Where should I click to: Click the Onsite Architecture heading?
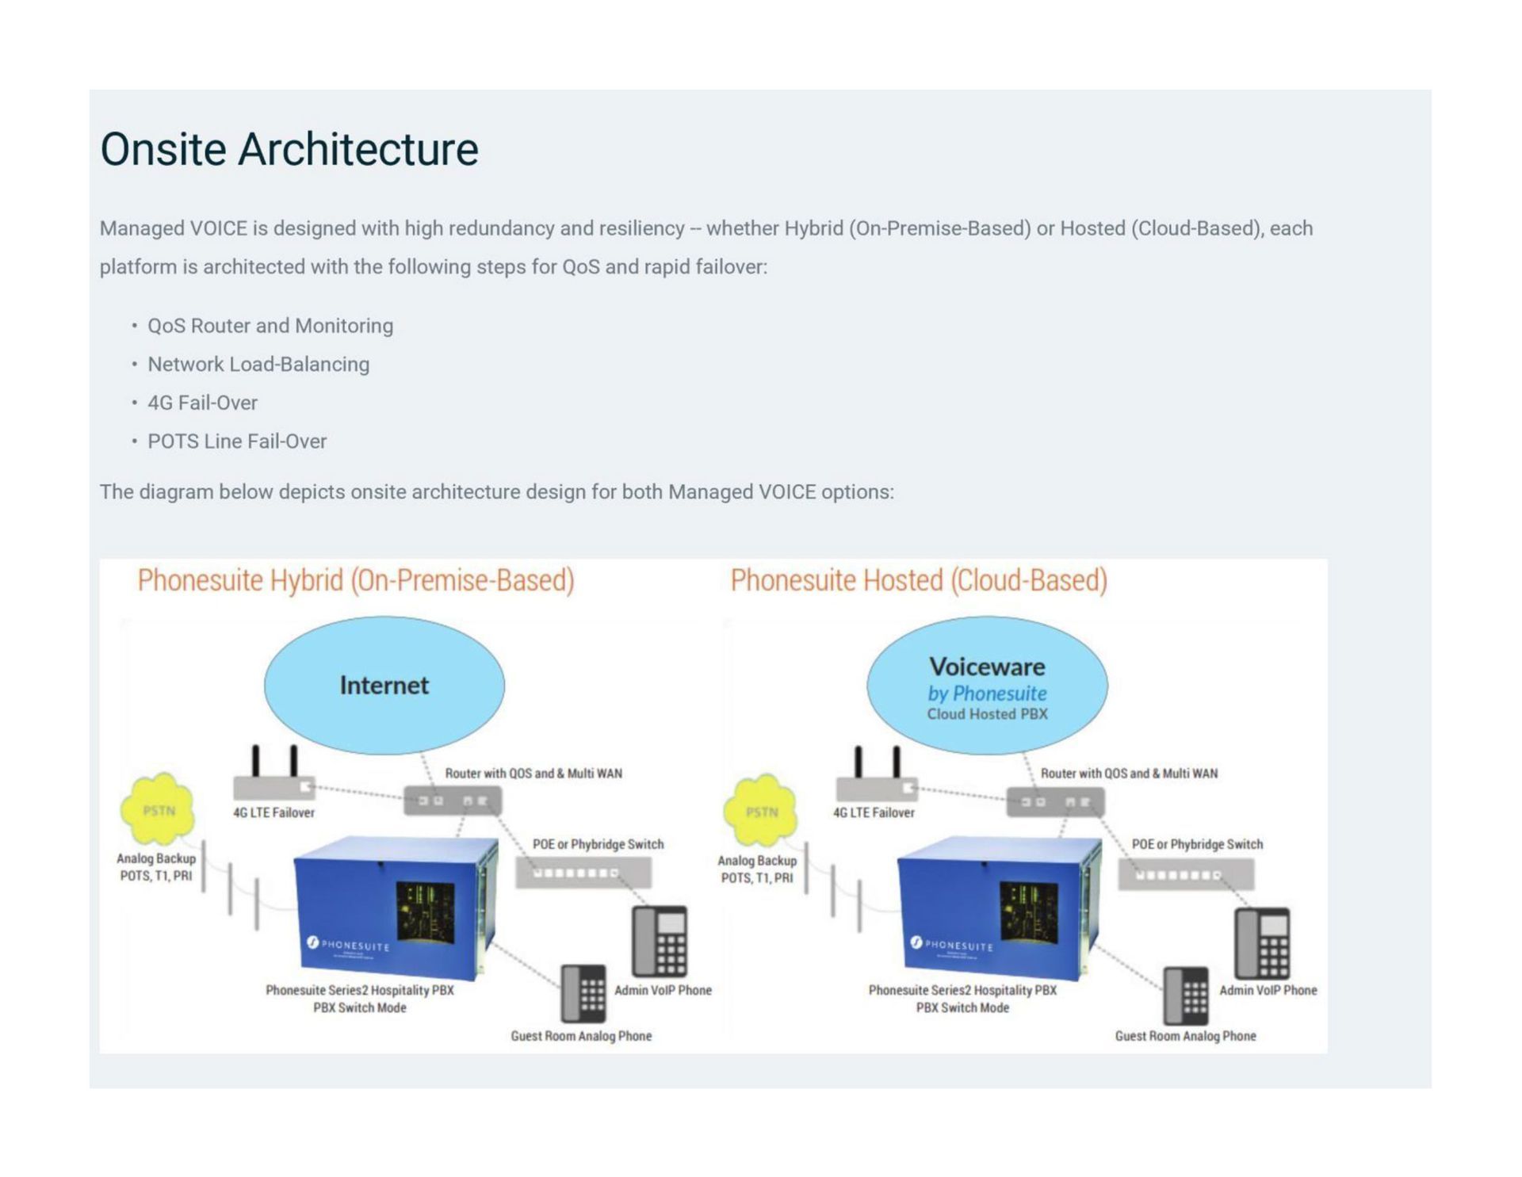pyautogui.click(x=289, y=149)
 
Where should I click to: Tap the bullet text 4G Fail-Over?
pyautogui.click(x=202, y=403)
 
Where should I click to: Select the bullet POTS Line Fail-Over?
pyautogui.click(x=236, y=441)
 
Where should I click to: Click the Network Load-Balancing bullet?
pyautogui.click(x=258, y=365)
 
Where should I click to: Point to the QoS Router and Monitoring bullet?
pyautogui.click(x=270, y=326)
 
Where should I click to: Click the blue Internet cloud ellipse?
pyautogui.click(x=384, y=685)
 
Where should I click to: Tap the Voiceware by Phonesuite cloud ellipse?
pyautogui.click(x=987, y=685)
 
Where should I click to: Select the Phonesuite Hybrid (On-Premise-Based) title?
pyautogui.click(x=356, y=580)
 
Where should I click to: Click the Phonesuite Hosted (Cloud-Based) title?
pyautogui.click(x=919, y=580)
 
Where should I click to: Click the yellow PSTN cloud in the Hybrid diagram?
pyautogui.click(x=158, y=808)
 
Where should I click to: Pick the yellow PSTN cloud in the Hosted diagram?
pyautogui.click(x=761, y=810)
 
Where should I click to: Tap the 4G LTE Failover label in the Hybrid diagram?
pyautogui.click(x=273, y=812)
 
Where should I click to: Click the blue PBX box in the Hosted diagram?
pyautogui.click(x=999, y=908)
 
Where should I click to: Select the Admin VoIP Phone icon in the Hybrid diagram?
pyautogui.click(x=660, y=941)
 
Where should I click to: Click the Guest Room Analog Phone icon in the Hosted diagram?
pyautogui.click(x=1186, y=995)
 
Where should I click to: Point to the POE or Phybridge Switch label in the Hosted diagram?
pyautogui.click(x=1197, y=844)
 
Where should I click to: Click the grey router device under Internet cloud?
pyautogui.click(x=453, y=801)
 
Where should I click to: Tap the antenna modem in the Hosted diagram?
pyautogui.click(x=877, y=781)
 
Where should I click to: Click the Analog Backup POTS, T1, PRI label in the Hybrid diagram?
pyautogui.click(x=156, y=867)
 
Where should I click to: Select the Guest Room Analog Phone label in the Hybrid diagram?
pyautogui.click(x=581, y=1036)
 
